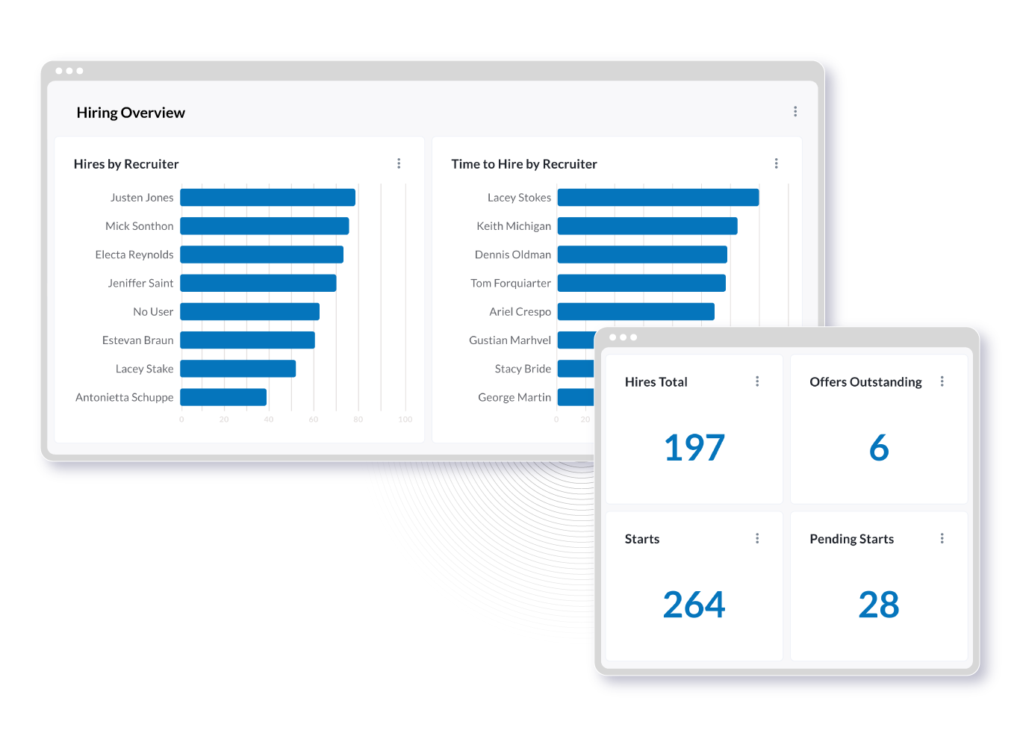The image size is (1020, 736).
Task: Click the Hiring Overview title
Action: point(131,113)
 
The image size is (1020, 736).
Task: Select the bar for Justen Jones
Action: point(267,198)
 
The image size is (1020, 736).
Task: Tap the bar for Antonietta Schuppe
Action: point(223,397)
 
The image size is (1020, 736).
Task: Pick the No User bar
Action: point(249,311)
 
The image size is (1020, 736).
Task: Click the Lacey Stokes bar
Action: point(658,198)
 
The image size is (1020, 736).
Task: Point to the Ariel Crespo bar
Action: point(635,311)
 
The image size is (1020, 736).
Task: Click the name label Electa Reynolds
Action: point(134,255)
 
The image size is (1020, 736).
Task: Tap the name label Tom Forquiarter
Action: point(511,283)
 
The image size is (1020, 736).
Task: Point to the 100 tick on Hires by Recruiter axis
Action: point(405,420)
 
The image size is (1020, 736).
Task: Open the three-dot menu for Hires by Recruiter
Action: point(399,163)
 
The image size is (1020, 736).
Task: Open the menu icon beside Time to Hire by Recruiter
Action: point(777,163)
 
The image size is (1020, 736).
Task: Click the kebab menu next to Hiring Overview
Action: point(795,112)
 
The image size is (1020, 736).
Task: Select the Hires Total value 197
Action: point(694,448)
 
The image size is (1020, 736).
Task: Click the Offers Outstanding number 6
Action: point(879,448)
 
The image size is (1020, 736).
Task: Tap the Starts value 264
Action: point(694,605)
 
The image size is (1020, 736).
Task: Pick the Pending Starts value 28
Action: point(879,605)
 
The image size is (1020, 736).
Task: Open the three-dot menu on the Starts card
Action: point(757,538)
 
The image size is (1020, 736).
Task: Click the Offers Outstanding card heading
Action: point(865,382)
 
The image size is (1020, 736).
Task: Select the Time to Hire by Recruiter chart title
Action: point(524,164)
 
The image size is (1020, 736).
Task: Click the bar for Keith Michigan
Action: point(647,226)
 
